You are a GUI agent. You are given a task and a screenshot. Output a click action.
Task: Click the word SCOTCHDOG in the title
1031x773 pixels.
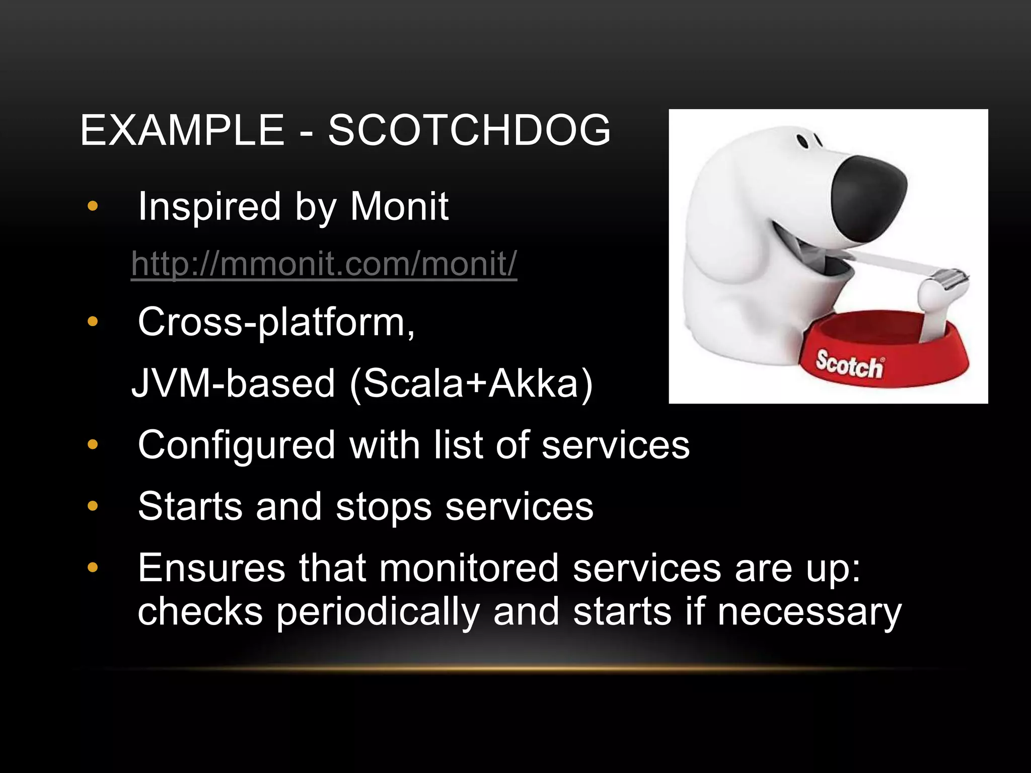[469, 130]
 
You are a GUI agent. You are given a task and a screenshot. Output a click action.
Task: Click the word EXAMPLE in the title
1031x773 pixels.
[182, 130]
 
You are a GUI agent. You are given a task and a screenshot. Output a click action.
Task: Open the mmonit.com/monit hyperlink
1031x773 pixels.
[324, 263]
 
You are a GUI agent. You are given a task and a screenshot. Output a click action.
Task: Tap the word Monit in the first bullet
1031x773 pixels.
[399, 206]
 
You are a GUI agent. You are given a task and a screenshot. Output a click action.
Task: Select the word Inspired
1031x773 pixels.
[209, 206]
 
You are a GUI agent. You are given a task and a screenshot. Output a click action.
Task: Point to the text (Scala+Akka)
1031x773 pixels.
[471, 383]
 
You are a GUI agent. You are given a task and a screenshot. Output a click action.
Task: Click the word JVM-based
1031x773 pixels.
[233, 383]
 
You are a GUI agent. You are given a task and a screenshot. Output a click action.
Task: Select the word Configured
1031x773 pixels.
[237, 445]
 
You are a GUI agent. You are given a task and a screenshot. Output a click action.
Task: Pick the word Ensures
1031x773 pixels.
[212, 568]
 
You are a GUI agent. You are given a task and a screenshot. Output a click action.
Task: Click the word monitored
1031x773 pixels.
[469, 568]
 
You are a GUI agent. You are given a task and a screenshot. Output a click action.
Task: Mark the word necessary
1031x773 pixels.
[809, 612]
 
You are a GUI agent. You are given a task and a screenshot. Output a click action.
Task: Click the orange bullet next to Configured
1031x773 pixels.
[92, 444]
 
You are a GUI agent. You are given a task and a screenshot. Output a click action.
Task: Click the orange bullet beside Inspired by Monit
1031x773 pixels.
[92, 206]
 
